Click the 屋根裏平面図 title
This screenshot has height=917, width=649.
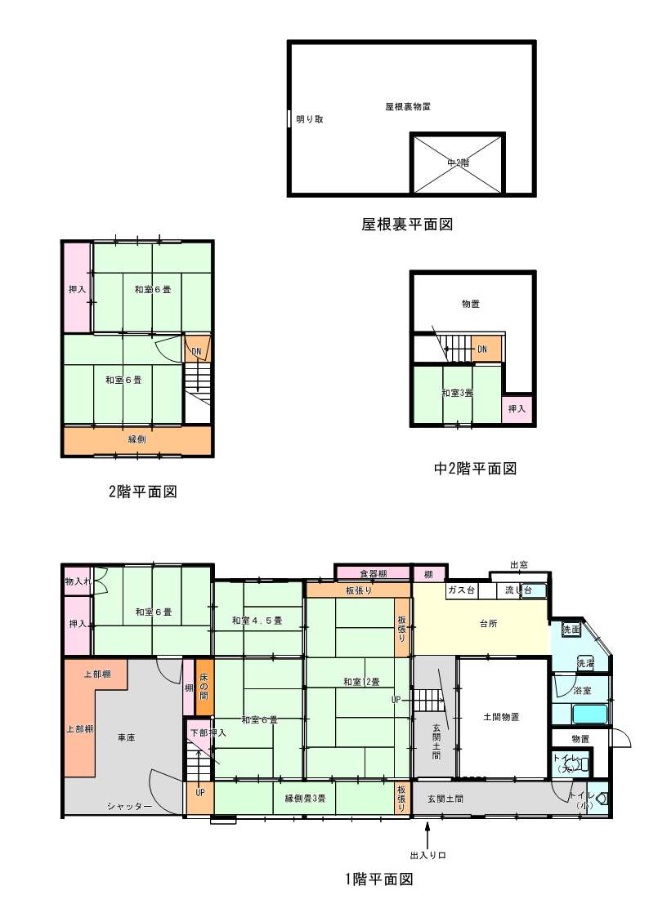406,223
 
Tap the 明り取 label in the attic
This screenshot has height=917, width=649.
310,119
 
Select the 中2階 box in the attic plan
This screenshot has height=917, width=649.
458,162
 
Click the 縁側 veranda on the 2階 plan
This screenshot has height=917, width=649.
137,439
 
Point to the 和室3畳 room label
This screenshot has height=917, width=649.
458,394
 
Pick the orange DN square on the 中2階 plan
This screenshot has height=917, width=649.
482,349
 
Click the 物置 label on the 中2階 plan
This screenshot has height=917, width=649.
470,304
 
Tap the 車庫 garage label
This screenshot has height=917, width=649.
126,737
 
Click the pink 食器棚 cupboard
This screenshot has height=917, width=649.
372,574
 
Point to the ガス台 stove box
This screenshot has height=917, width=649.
459,590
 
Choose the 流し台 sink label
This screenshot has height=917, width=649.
518,590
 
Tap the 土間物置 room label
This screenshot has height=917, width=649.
501,717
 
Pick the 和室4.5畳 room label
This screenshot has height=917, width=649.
257,621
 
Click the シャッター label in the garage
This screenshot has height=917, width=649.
129,806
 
